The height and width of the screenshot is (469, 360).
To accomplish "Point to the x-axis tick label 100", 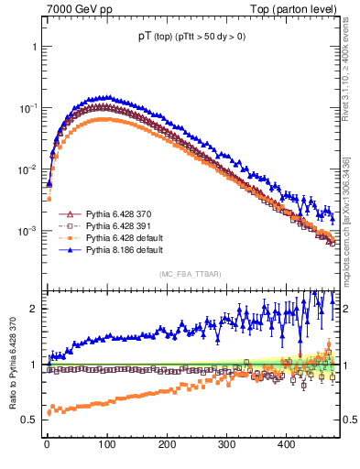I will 106,444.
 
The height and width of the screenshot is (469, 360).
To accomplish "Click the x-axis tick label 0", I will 47,444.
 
